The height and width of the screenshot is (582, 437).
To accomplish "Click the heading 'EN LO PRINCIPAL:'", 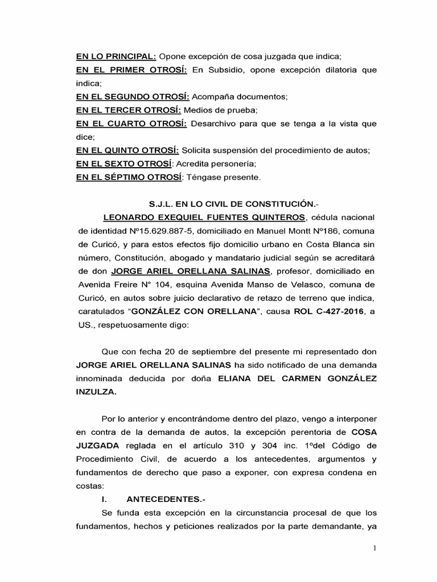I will [x=116, y=57].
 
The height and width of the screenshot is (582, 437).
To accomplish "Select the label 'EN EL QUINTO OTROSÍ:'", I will [x=128, y=150].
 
